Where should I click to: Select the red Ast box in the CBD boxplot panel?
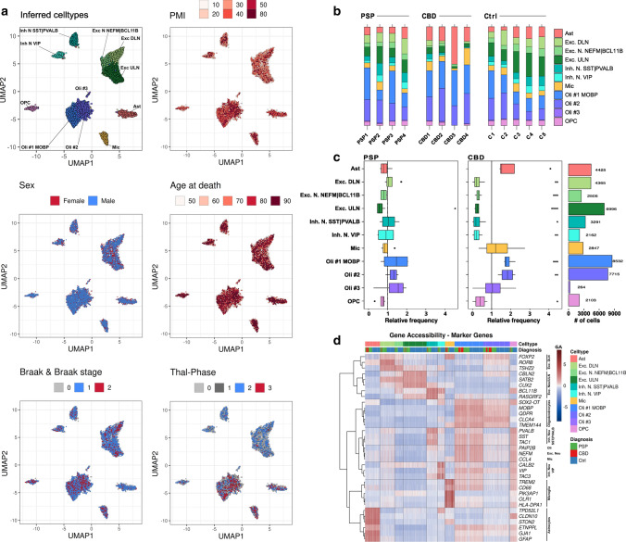tap(508, 169)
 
